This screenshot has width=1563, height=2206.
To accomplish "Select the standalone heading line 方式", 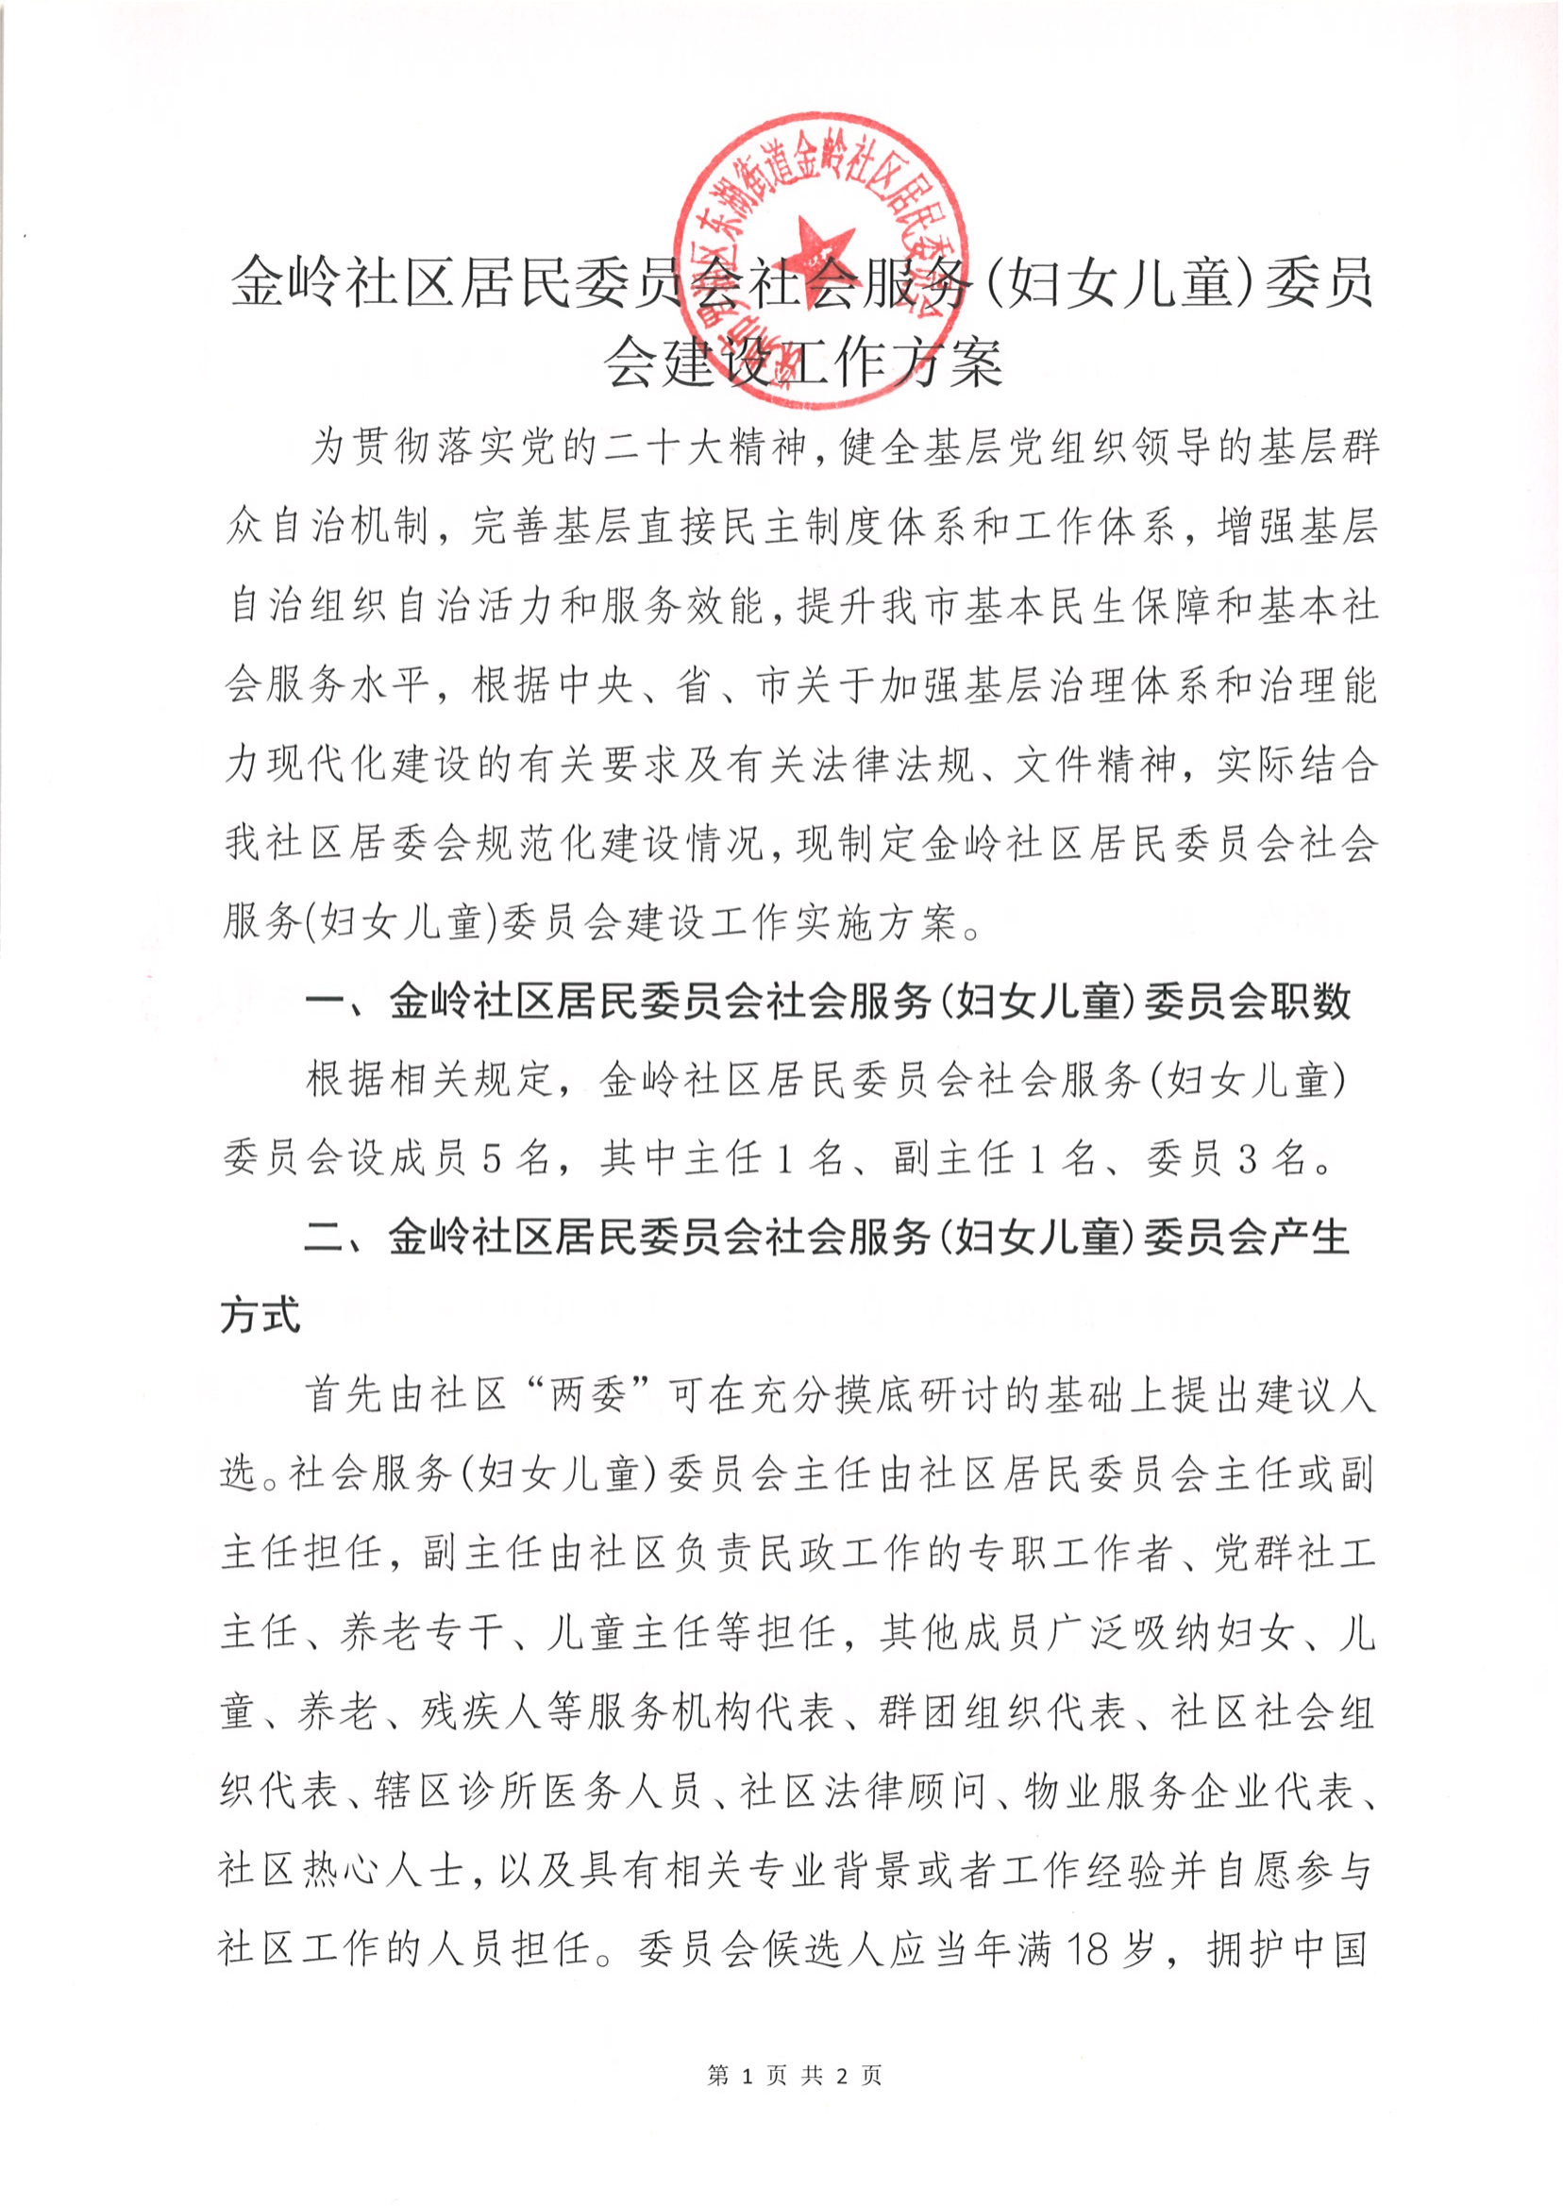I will [260, 1316].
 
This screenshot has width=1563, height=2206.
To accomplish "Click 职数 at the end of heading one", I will [1311, 1002].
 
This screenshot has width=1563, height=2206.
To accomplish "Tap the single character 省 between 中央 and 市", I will [694, 686].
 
